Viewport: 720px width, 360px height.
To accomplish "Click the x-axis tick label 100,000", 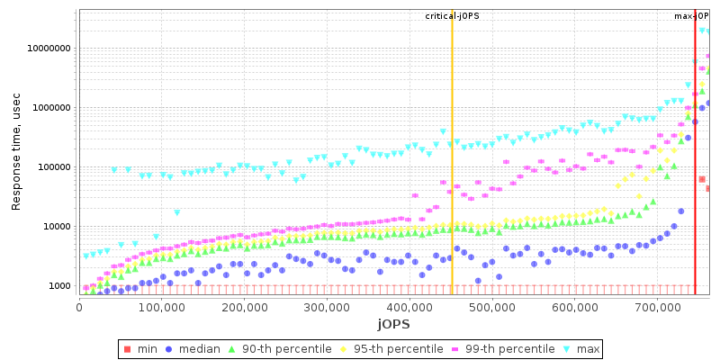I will pyautogui.click(x=162, y=306).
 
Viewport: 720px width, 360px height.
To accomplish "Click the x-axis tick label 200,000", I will pyautogui.click(x=245, y=306).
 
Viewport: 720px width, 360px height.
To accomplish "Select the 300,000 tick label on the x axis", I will pyautogui.click(x=327, y=306).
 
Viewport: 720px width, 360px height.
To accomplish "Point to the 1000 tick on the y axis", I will pyautogui.click(x=59, y=286).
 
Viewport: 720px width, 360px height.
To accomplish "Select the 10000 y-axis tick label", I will pyautogui.click(x=56, y=227).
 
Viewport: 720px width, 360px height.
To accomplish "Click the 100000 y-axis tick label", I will pyautogui.click(x=53, y=167).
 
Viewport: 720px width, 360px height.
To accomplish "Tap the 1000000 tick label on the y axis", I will pyautogui.click(x=50, y=108).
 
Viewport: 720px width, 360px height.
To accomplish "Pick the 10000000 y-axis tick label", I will pyautogui.click(x=48, y=49).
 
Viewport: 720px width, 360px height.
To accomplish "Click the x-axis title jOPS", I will pyautogui.click(x=393, y=323).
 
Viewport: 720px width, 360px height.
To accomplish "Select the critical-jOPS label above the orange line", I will pyautogui.click(x=453, y=16).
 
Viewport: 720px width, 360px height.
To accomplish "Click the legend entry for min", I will pyautogui.click(x=142, y=348).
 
